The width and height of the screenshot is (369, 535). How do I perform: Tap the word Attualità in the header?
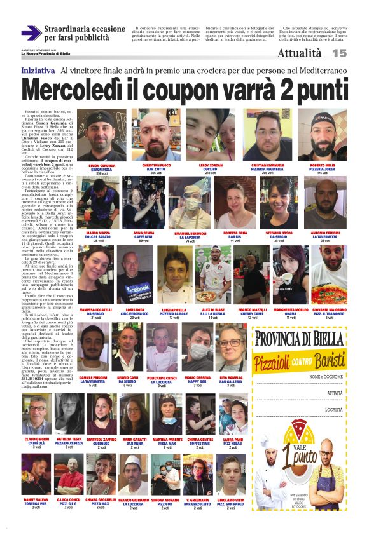pyautogui.click(x=299, y=54)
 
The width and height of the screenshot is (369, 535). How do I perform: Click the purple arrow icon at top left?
pyautogui.click(x=31, y=32)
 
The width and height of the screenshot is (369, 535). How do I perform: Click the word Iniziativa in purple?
pyautogui.click(x=38, y=70)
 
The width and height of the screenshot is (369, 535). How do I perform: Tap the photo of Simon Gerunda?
pyautogui.click(x=101, y=135)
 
